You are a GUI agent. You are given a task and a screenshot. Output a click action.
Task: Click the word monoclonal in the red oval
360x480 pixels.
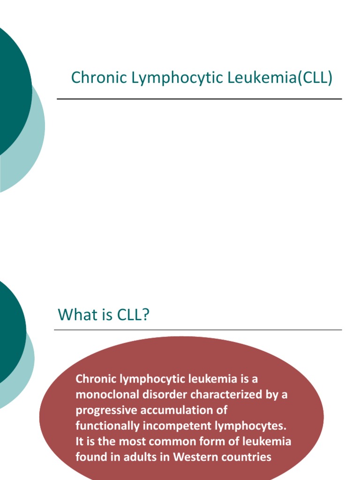pos(104,394)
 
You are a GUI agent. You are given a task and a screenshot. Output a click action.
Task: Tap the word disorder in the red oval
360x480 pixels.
pos(158,394)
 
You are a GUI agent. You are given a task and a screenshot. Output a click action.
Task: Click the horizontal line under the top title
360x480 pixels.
pos(199,99)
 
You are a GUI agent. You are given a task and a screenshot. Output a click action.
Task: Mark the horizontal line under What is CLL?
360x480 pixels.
pos(198,330)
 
